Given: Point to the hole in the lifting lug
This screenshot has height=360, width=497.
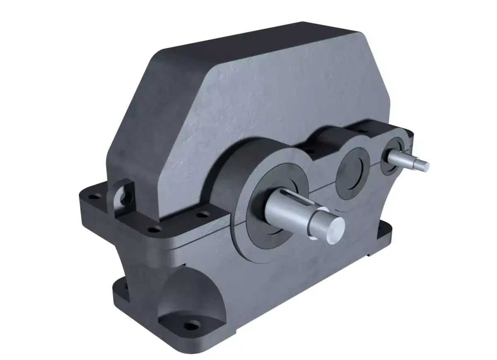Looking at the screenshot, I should coord(122,194).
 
